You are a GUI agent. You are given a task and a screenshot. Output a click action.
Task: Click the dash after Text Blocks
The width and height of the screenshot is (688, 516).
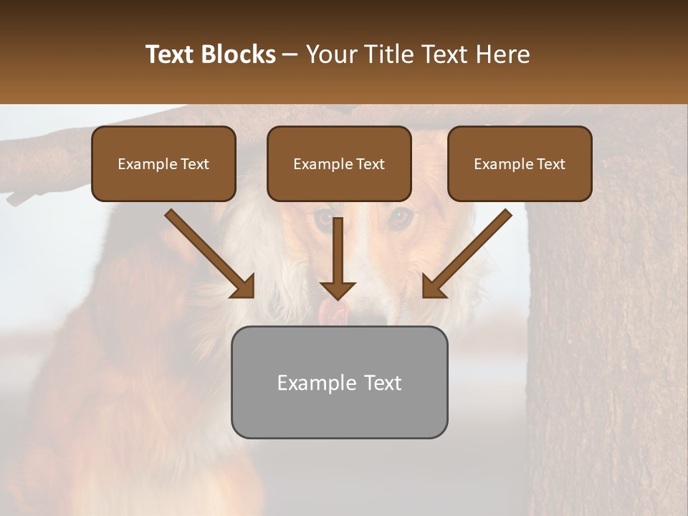tap(290, 55)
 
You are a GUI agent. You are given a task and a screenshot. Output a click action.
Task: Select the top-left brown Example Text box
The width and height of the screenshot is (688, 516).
tap(163, 163)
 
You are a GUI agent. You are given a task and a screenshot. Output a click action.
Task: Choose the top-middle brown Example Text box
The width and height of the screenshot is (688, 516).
tap(339, 163)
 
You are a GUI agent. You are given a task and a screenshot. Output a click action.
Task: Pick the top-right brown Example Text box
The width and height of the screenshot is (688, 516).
tap(520, 163)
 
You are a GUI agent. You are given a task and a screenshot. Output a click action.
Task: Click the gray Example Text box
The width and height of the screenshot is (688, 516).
tap(339, 382)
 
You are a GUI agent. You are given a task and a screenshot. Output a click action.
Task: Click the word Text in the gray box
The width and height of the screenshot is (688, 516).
tap(383, 383)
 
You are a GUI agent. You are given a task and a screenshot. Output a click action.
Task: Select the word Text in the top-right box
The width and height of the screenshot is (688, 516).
tap(550, 164)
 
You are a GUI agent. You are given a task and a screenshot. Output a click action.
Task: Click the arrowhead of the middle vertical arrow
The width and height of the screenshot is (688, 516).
tap(338, 290)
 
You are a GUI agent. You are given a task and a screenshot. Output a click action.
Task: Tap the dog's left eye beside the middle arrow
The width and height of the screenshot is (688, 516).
tap(325, 217)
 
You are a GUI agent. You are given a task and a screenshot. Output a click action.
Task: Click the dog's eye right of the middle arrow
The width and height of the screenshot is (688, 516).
tap(401, 215)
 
